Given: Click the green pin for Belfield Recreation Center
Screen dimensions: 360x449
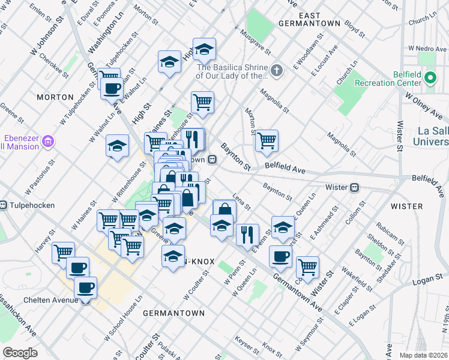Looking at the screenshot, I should click(430, 77).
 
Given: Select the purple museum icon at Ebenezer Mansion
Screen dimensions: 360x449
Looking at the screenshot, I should click(49, 142).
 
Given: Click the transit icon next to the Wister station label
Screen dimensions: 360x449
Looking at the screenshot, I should click(355, 187).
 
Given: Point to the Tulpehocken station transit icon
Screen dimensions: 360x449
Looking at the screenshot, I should click(3, 205).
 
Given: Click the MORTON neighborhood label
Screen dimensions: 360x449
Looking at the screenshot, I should click(55, 97).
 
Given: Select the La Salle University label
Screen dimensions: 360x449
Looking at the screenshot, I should click(430, 136).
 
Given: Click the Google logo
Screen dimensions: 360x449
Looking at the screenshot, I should click(20, 352).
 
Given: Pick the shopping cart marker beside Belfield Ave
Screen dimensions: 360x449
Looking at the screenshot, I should click(267, 141).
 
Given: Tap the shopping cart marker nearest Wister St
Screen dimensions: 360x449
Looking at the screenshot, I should click(307, 266).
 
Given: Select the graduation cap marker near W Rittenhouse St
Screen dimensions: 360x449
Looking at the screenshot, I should click(117, 146).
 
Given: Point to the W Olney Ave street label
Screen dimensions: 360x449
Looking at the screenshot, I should click(424, 101).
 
